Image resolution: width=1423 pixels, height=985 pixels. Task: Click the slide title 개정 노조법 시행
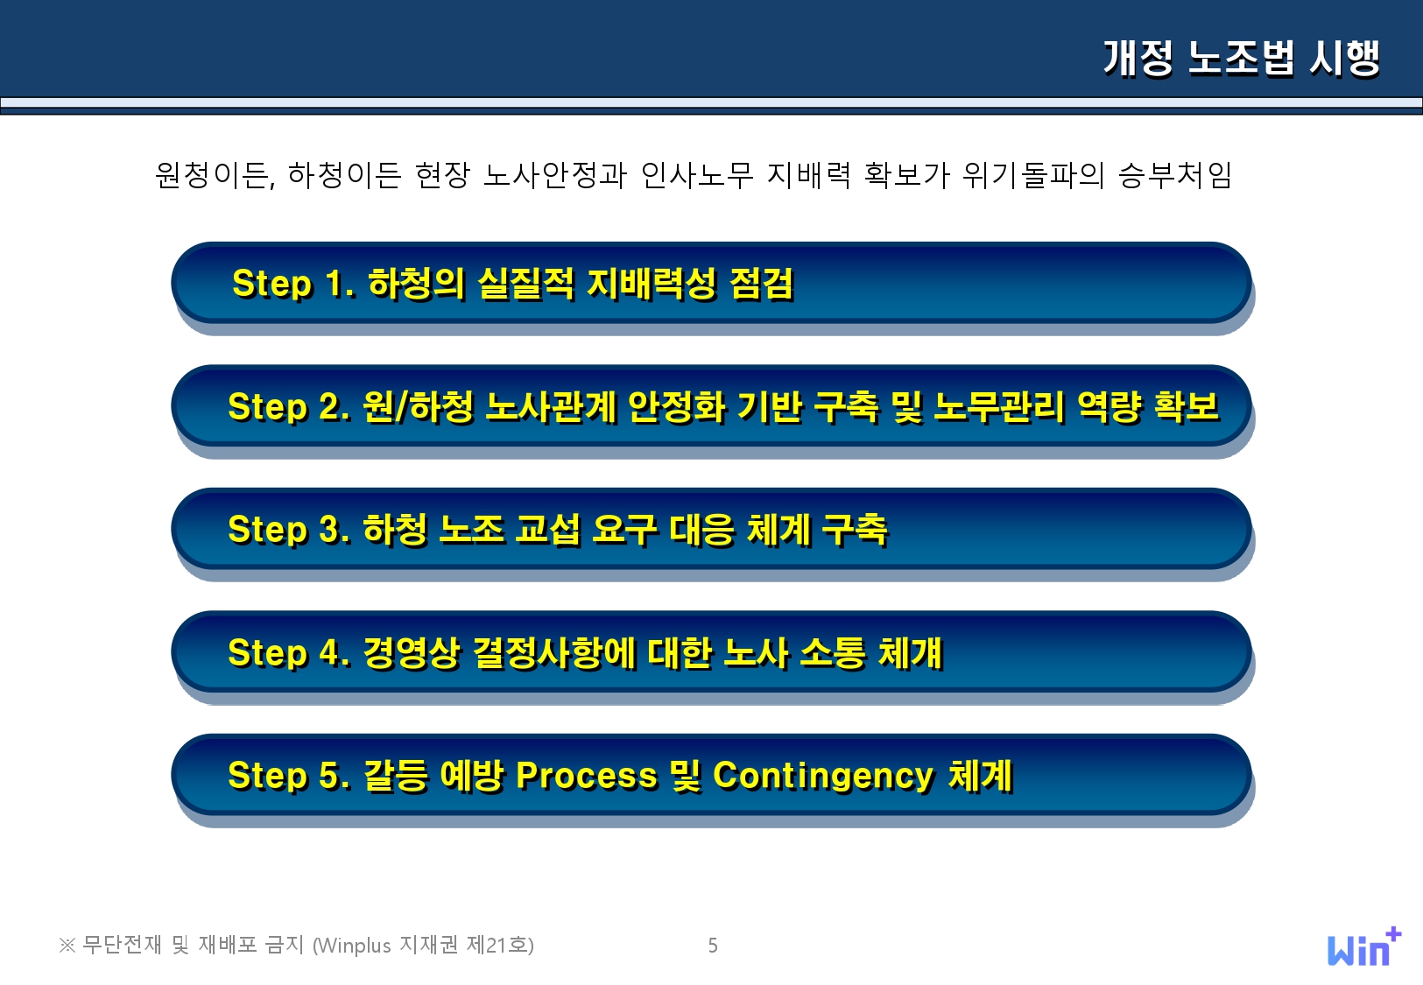[1242, 59]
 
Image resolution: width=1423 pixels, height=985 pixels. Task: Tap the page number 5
[713, 946]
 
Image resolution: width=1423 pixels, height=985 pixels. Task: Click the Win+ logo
[1364, 946]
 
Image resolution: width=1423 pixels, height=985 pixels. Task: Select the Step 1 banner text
[513, 284]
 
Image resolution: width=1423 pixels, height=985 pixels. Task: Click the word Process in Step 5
[587, 776]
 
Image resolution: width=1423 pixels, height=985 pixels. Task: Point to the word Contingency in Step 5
[823, 777]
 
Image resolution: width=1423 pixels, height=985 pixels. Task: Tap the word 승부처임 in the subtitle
[1175, 175]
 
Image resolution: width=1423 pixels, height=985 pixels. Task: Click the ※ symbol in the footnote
[67, 946]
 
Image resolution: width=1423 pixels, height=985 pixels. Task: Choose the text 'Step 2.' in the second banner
[289, 407]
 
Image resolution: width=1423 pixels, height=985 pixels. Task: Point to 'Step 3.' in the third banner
[289, 530]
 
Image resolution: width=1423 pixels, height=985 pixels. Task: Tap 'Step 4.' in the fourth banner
[289, 653]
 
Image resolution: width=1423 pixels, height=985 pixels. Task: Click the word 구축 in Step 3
[855, 530]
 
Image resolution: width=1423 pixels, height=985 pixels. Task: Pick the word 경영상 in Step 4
[411, 653]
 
